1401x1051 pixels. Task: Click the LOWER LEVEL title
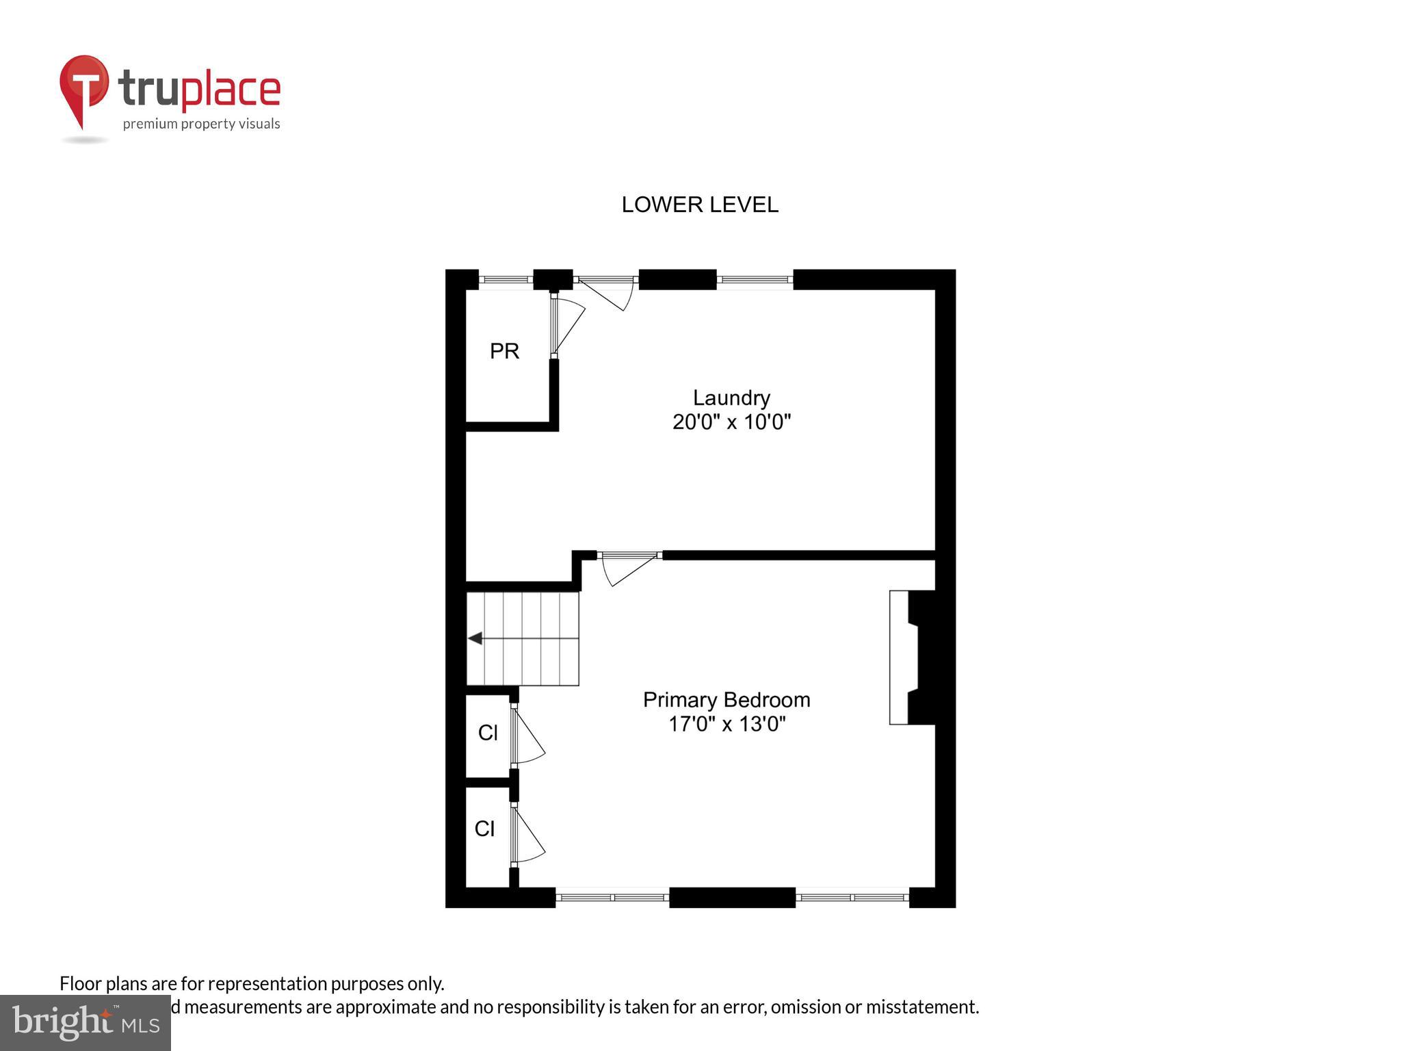[x=699, y=205]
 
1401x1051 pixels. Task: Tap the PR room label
[x=504, y=351]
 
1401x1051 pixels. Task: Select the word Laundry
[x=731, y=398]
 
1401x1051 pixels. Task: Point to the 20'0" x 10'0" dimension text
[x=731, y=421]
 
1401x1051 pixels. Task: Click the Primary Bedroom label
[x=726, y=699]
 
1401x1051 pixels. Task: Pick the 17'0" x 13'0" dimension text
[x=726, y=723]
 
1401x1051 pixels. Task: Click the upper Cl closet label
[x=487, y=733]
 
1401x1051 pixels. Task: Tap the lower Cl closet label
[x=484, y=829]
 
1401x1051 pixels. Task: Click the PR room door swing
[x=568, y=326]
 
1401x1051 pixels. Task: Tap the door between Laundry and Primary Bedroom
[x=628, y=568]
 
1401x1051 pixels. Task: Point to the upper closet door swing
[x=528, y=738]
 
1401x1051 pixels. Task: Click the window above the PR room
[x=506, y=279]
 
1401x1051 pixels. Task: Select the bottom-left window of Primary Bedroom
[x=612, y=897]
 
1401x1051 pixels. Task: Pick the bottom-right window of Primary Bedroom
[x=852, y=897]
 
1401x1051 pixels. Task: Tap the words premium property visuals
[x=201, y=124]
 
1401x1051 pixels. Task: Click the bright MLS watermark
[x=85, y=1022]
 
